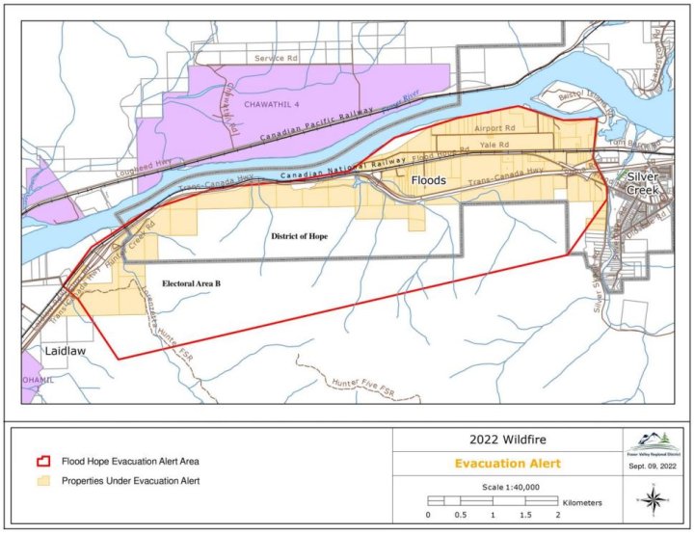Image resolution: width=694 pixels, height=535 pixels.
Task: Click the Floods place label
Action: pos(428,180)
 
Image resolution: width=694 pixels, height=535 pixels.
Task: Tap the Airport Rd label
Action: pos(495,127)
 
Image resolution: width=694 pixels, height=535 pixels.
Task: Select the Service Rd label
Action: pos(277,58)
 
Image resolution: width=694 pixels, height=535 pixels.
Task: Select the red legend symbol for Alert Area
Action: pos(40,462)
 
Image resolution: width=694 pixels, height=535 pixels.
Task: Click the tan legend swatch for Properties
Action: pos(40,480)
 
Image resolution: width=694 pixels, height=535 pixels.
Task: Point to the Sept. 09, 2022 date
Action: pos(654,467)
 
